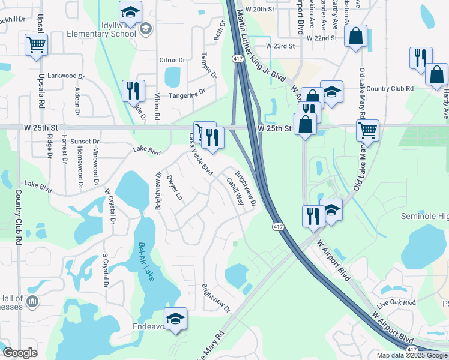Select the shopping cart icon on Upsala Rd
pyautogui.click(x=36, y=44)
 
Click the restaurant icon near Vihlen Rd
pyautogui.click(x=133, y=91)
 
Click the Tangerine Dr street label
pyautogui.click(x=187, y=92)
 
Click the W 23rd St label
pyautogui.click(x=281, y=46)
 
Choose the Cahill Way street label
pyautogui.click(x=235, y=191)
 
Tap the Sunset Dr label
pyautogui.click(x=85, y=141)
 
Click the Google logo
pyautogui.click(x=20, y=353)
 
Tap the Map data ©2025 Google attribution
pyautogui.click(x=411, y=355)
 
